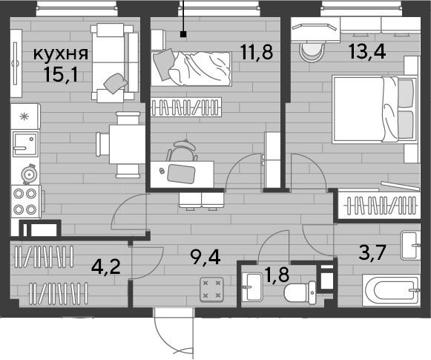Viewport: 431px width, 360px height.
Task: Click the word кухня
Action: [61, 54]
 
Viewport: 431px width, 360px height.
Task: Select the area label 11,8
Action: [257, 52]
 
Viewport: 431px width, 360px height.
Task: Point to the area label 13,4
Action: [367, 51]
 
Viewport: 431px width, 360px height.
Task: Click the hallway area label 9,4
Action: [205, 258]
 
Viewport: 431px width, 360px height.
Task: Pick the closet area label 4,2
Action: [106, 267]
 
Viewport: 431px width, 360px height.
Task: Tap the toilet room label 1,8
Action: [276, 275]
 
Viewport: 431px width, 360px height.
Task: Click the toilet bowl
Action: [300, 292]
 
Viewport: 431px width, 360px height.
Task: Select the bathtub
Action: [391, 290]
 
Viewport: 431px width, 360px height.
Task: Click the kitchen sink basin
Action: [25, 144]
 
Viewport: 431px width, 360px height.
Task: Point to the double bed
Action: [374, 110]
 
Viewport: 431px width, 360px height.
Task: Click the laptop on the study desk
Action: [181, 173]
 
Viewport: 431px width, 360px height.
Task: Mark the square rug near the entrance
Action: [211, 289]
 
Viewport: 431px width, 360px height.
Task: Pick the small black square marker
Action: [183, 34]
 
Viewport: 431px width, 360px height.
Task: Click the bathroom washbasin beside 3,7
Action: [410, 246]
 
